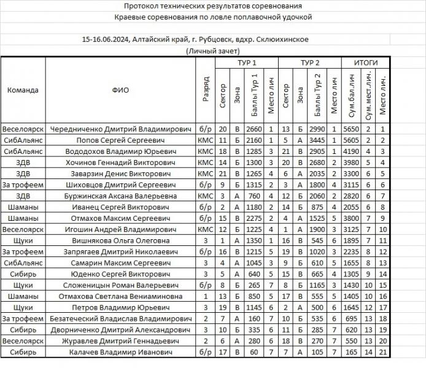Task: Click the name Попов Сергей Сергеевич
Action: pos(120,140)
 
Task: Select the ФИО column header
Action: pos(120,90)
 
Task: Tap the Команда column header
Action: pos(23,90)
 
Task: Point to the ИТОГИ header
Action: pos(366,63)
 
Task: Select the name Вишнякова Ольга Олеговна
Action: pos(120,241)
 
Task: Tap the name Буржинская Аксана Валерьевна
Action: pos(120,196)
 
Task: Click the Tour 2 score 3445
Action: pos(317,140)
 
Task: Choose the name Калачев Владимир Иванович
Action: pos(120,352)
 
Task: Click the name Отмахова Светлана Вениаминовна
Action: pos(120,296)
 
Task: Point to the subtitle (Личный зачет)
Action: pos(212,52)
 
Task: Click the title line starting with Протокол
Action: pos(212,6)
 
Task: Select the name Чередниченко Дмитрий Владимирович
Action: pos(120,129)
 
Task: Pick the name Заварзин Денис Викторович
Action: pos(120,174)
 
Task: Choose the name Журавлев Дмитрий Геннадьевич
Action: pos(120,341)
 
